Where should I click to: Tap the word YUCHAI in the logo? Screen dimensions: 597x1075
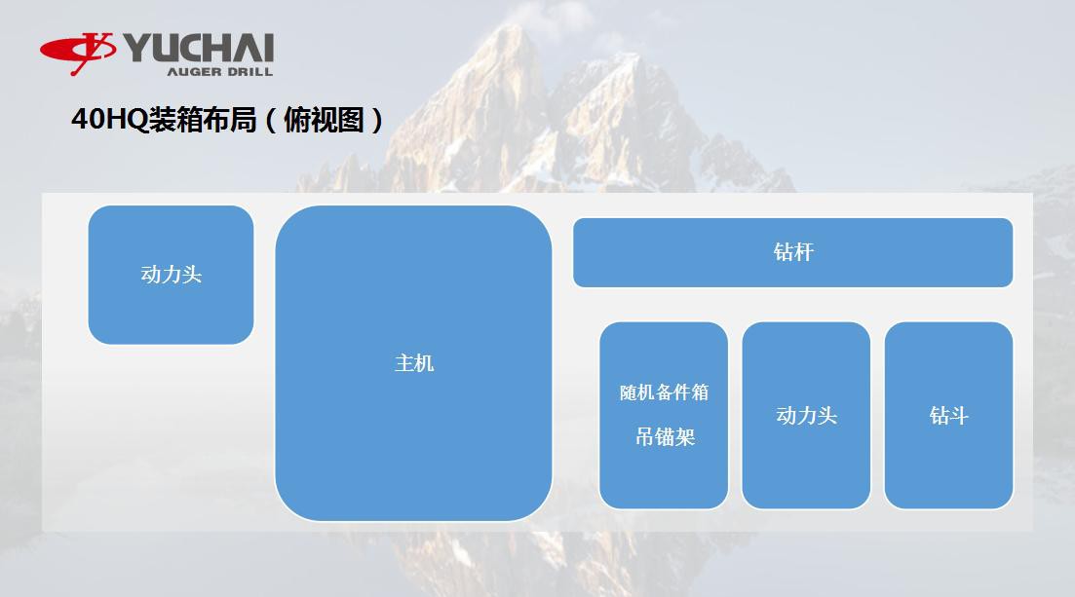pyautogui.click(x=199, y=48)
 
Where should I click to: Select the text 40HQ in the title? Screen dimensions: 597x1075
pyautogui.click(x=109, y=120)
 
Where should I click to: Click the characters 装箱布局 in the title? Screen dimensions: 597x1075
pyautogui.click(x=203, y=120)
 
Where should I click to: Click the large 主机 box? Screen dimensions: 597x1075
pyautogui.click(x=413, y=438)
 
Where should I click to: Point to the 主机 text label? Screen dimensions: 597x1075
pyautogui.click(x=414, y=363)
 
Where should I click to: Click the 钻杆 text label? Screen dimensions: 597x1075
pyautogui.click(x=793, y=252)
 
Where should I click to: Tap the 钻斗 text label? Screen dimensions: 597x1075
pyautogui.click(x=948, y=416)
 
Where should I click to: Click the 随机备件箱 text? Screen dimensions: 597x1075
pyautogui.click(x=665, y=392)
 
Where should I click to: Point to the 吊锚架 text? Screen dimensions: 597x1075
pyautogui.click(x=665, y=437)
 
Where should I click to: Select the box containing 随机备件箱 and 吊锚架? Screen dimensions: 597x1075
pyautogui.click(x=664, y=477)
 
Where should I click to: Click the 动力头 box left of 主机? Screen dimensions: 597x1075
pyautogui.click(x=171, y=312)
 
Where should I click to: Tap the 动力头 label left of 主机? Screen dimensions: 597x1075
pyautogui.click(x=172, y=275)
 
